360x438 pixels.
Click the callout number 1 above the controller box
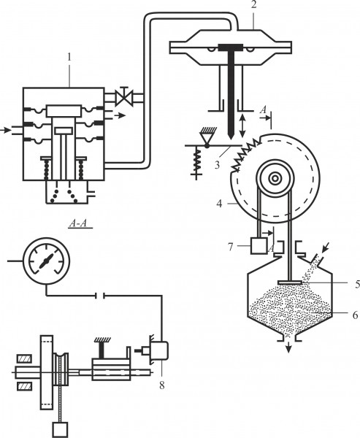click(x=69, y=58)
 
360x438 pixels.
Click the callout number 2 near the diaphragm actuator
click(x=253, y=5)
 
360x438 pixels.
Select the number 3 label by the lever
click(x=217, y=165)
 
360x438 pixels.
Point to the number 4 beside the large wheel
click(x=219, y=204)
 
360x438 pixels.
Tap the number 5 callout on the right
click(x=357, y=285)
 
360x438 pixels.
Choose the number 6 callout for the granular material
click(x=355, y=315)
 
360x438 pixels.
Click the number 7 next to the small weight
click(x=230, y=247)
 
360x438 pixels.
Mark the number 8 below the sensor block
click(x=162, y=385)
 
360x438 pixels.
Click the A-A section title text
click(x=78, y=223)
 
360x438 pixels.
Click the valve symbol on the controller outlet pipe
click(x=124, y=96)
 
